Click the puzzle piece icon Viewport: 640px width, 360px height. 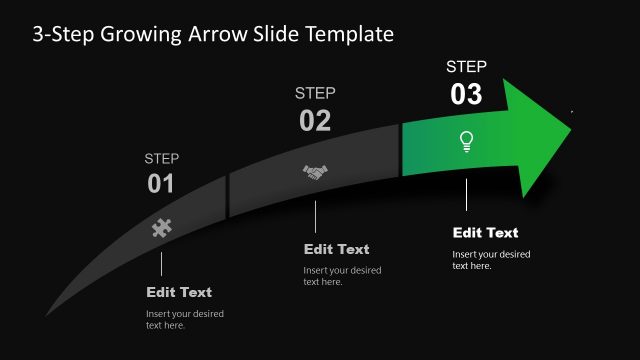[x=161, y=227]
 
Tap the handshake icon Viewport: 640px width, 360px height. [x=315, y=173]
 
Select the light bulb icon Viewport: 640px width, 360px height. [x=465, y=141]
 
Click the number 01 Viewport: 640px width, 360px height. [x=161, y=184]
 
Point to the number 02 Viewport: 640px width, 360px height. [x=315, y=121]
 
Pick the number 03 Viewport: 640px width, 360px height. [x=466, y=95]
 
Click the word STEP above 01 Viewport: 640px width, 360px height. [x=161, y=158]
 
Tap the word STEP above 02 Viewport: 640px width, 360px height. [x=315, y=93]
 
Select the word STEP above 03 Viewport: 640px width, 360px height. [x=466, y=67]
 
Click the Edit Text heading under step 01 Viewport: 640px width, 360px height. [x=179, y=293]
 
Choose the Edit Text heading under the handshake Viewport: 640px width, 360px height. [x=336, y=249]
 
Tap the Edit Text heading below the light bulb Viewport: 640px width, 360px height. [x=485, y=233]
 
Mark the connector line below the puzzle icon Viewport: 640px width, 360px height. [x=161, y=263]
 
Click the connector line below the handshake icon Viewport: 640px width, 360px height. [x=315, y=217]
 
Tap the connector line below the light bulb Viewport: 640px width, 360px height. [x=465, y=194]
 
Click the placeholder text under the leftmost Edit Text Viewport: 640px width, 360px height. [x=185, y=320]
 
